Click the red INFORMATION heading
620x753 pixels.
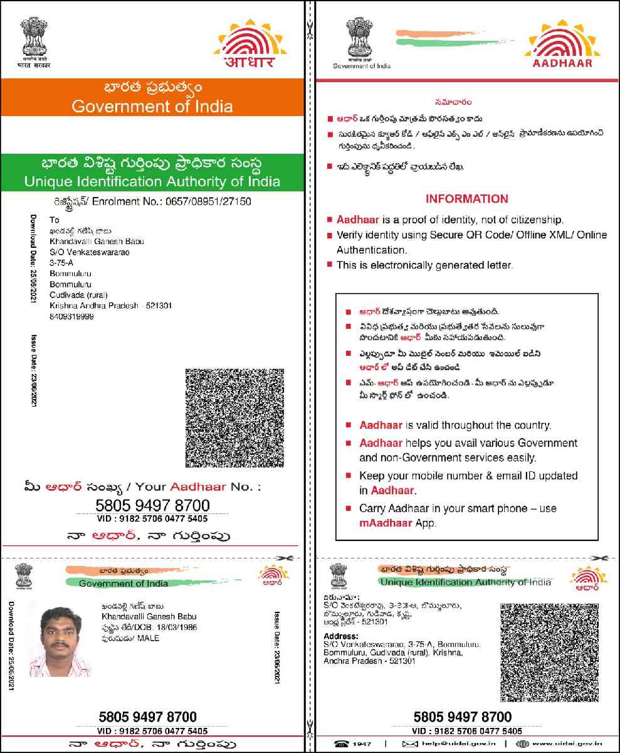tap(466, 199)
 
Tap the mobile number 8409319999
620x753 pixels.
tap(71, 317)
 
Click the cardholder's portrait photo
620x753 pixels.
tap(61, 641)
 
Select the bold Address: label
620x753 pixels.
tap(340, 636)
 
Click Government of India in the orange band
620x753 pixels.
tap(152, 106)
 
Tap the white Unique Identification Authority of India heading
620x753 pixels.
tap(152, 182)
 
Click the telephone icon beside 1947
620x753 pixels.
tap(342, 744)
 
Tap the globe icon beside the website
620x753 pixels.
tap(522, 744)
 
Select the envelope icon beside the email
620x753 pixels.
tap(409, 744)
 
